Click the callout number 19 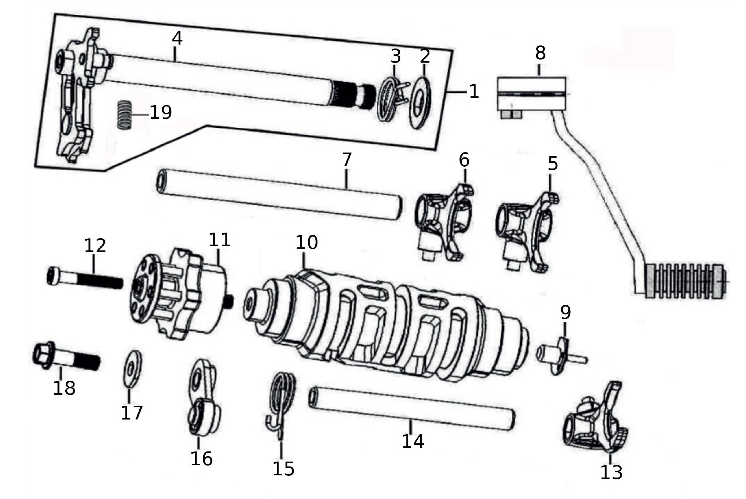click(160, 112)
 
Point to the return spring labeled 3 click(390, 99)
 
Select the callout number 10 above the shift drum click(306, 242)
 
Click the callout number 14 click(413, 441)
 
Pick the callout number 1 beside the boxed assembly click(474, 92)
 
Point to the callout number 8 click(540, 53)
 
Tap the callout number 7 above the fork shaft click(347, 160)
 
